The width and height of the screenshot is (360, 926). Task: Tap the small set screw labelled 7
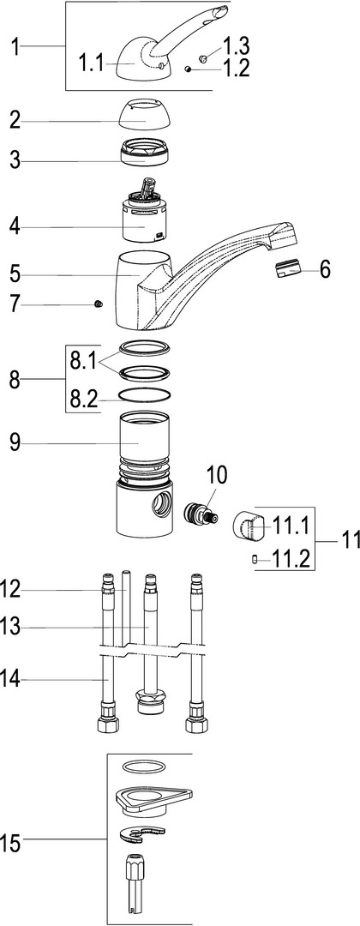[99, 304]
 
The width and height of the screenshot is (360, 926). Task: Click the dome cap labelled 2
[146, 115]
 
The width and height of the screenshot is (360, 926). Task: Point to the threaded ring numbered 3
[145, 153]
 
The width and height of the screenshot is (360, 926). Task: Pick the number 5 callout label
[15, 275]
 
